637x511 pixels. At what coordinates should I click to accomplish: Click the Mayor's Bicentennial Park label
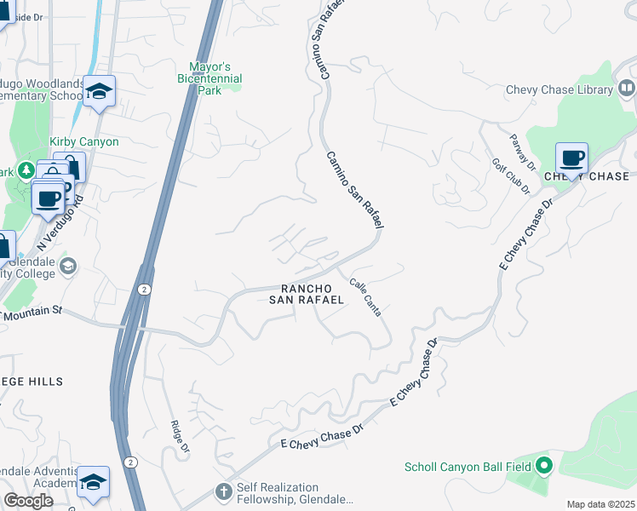tap(215, 78)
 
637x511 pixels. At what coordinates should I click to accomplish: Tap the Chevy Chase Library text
tap(560, 89)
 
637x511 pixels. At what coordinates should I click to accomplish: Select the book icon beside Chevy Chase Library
tap(627, 88)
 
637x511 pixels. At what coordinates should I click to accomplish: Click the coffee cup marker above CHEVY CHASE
tap(571, 158)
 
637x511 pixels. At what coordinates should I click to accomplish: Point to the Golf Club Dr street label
tap(510, 175)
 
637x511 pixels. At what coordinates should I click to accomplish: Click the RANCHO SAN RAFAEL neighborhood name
tap(307, 294)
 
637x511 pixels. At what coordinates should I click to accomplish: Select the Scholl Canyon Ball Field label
tap(468, 466)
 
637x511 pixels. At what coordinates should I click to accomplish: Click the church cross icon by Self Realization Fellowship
tap(223, 491)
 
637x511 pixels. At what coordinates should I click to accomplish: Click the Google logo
tap(28, 501)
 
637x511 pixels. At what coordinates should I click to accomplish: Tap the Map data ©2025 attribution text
tap(600, 504)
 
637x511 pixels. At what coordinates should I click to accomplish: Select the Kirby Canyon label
tap(84, 141)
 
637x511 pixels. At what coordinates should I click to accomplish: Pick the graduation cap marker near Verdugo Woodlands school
tap(100, 90)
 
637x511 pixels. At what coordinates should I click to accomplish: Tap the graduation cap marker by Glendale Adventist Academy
tap(93, 482)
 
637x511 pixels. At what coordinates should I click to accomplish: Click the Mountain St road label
tap(34, 313)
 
